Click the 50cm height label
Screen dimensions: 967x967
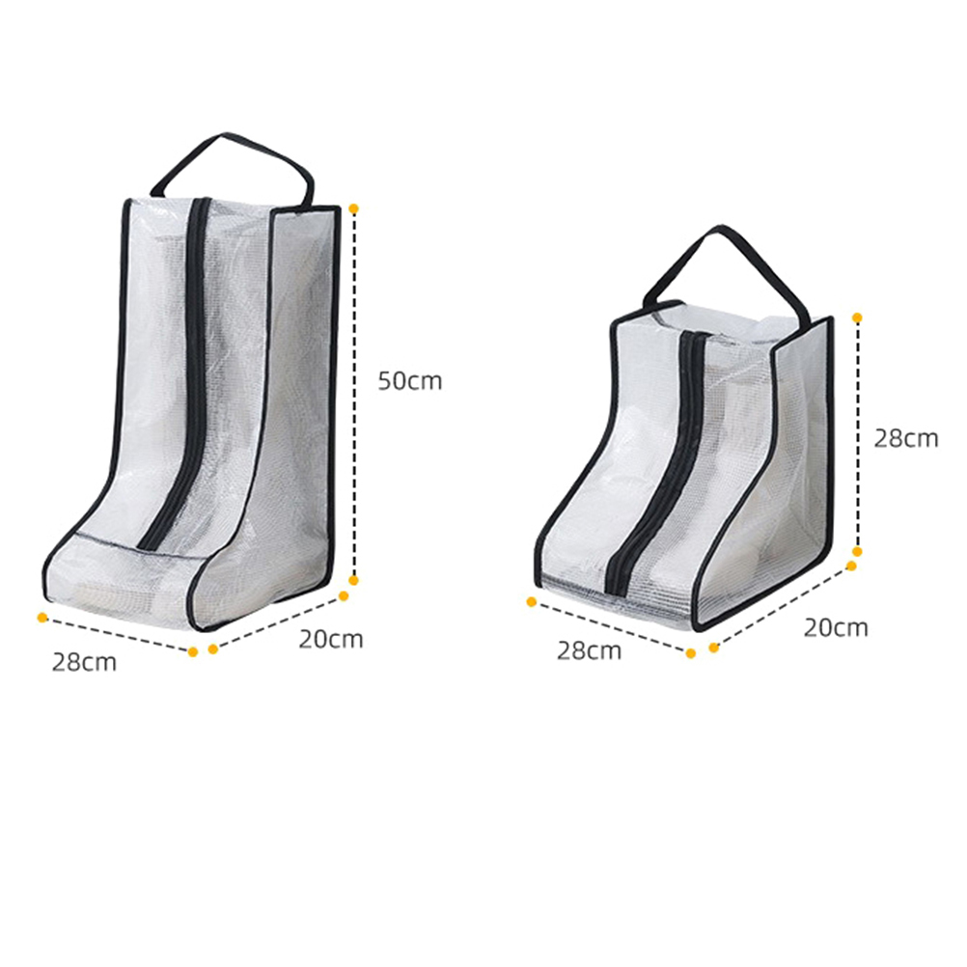(410, 381)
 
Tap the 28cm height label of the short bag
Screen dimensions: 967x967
(906, 438)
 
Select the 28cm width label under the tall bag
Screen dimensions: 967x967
(84, 662)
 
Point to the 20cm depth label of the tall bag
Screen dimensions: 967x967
(331, 638)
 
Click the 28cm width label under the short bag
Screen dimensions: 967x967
(589, 650)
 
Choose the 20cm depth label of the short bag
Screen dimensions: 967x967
(836, 627)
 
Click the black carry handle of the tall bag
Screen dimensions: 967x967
(232, 168)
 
